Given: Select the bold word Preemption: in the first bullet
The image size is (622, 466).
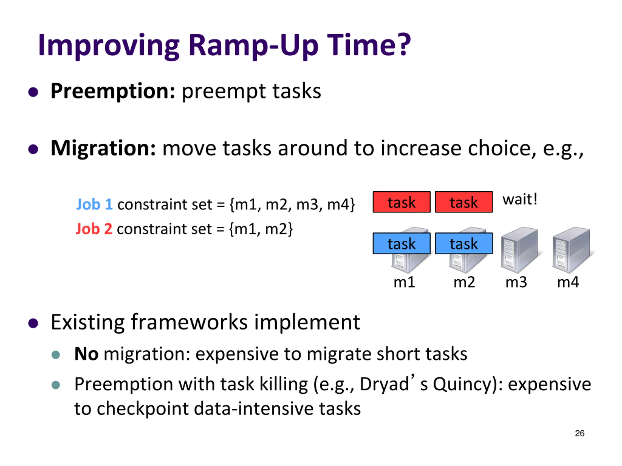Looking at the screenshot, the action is (x=113, y=92).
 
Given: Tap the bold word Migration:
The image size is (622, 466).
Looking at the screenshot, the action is (x=103, y=148).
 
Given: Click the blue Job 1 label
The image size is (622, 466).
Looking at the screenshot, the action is (x=95, y=204).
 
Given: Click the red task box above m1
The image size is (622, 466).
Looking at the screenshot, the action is (x=402, y=202).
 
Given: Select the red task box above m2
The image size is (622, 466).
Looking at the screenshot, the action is (x=464, y=202).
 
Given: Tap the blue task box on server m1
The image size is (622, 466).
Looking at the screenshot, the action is (x=402, y=243).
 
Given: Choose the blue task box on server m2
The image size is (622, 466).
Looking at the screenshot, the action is (x=464, y=243).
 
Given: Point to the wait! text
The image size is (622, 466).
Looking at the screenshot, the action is (x=520, y=200).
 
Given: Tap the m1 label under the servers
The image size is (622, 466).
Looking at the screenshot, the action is (x=404, y=282).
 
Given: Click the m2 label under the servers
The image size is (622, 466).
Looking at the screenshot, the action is (x=464, y=282).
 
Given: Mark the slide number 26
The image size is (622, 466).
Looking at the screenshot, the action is (x=580, y=433).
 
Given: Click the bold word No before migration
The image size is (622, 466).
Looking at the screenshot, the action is (x=86, y=354).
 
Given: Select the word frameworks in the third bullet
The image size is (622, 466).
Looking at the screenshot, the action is (x=190, y=322).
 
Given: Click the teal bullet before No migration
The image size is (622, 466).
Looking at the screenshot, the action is (x=56, y=355).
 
